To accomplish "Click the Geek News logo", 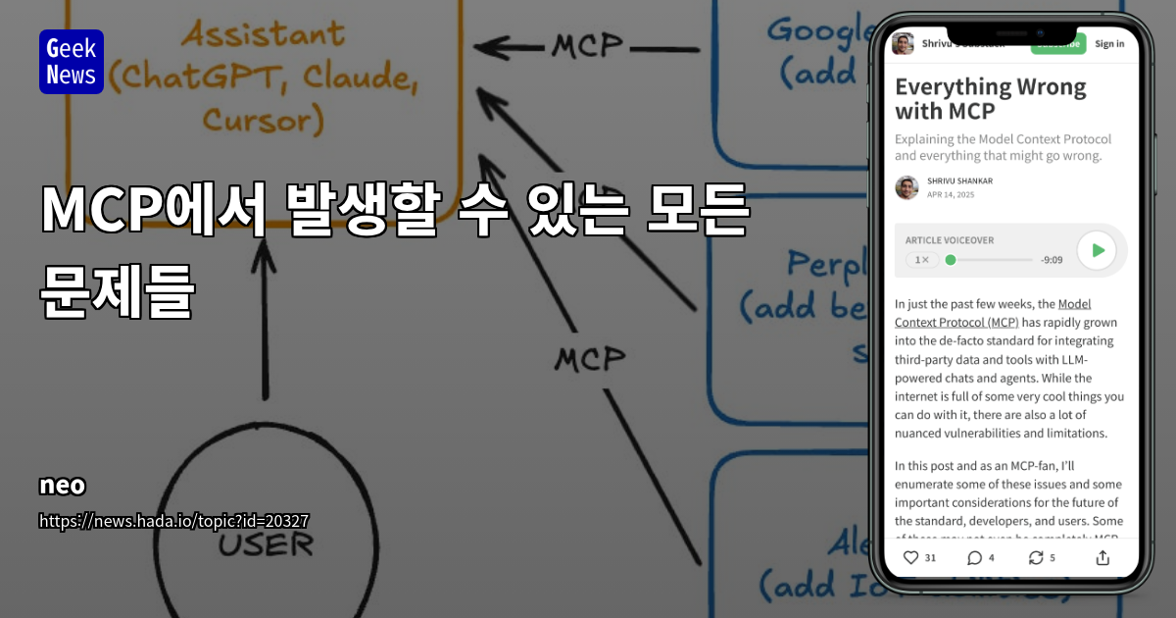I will tap(72, 62).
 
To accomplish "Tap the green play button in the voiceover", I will tap(1097, 251).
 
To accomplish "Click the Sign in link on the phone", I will tap(1109, 43).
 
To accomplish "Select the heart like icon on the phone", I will tap(910, 557).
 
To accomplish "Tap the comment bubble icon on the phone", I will tap(974, 557).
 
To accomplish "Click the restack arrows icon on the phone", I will tap(1035, 557).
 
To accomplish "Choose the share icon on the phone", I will tap(1102, 557).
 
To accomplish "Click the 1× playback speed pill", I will tap(921, 260).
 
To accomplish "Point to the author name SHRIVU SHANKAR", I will tap(959, 180).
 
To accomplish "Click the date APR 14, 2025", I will tap(951, 194).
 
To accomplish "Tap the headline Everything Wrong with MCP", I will tap(990, 98).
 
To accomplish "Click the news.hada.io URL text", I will tap(174, 521).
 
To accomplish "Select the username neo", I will tap(63, 486).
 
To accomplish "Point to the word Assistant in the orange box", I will tap(262, 36).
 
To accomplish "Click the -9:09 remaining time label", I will tap(1052, 260).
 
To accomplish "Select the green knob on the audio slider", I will tap(950, 260).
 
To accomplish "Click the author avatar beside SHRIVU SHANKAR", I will tap(906, 187).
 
